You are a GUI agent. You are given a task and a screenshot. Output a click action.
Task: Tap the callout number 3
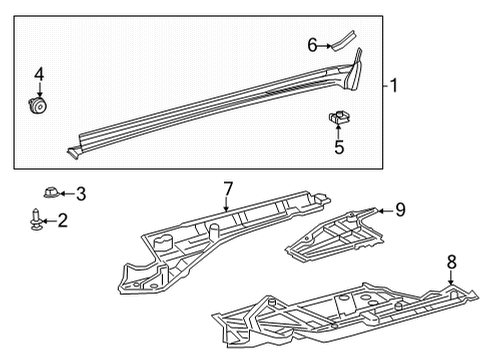[81, 193]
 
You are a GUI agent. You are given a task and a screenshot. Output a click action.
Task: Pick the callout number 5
[339, 148]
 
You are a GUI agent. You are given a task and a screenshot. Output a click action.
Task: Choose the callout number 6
[312, 44]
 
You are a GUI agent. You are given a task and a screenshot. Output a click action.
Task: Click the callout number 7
[228, 187]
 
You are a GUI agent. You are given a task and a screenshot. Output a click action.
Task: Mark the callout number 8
[451, 261]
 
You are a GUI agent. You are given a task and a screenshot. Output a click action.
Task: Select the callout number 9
[399, 209]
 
